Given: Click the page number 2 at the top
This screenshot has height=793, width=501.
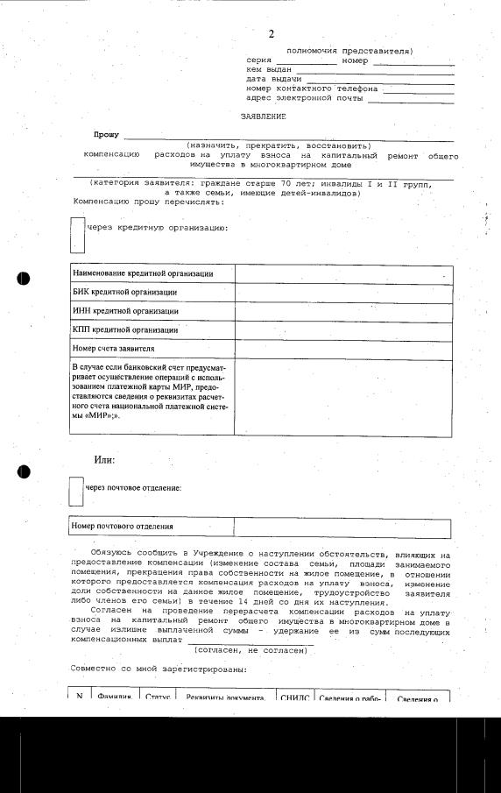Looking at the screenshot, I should (271, 34).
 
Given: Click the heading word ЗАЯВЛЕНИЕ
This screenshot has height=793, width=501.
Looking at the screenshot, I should (264, 115).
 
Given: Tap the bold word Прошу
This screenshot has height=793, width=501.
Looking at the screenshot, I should (107, 135).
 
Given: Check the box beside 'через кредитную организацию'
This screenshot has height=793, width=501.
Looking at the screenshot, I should (77, 234).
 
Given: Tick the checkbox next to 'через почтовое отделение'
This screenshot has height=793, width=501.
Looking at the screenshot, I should (77, 491).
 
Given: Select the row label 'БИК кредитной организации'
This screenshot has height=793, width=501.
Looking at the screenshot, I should (124, 292).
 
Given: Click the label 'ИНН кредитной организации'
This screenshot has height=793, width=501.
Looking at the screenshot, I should (125, 311).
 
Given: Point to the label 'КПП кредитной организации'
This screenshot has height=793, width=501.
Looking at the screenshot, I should (125, 330).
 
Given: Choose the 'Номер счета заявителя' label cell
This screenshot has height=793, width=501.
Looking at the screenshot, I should (114, 349).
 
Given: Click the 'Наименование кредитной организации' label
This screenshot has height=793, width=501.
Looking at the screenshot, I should (143, 273).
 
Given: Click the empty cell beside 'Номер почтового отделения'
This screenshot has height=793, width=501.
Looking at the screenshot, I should (342, 527).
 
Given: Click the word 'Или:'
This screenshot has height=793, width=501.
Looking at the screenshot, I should (105, 460).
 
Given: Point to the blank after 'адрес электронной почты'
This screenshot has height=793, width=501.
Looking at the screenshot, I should (411, 99).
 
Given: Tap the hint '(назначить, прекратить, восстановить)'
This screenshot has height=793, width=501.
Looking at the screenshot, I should (279, 145).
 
